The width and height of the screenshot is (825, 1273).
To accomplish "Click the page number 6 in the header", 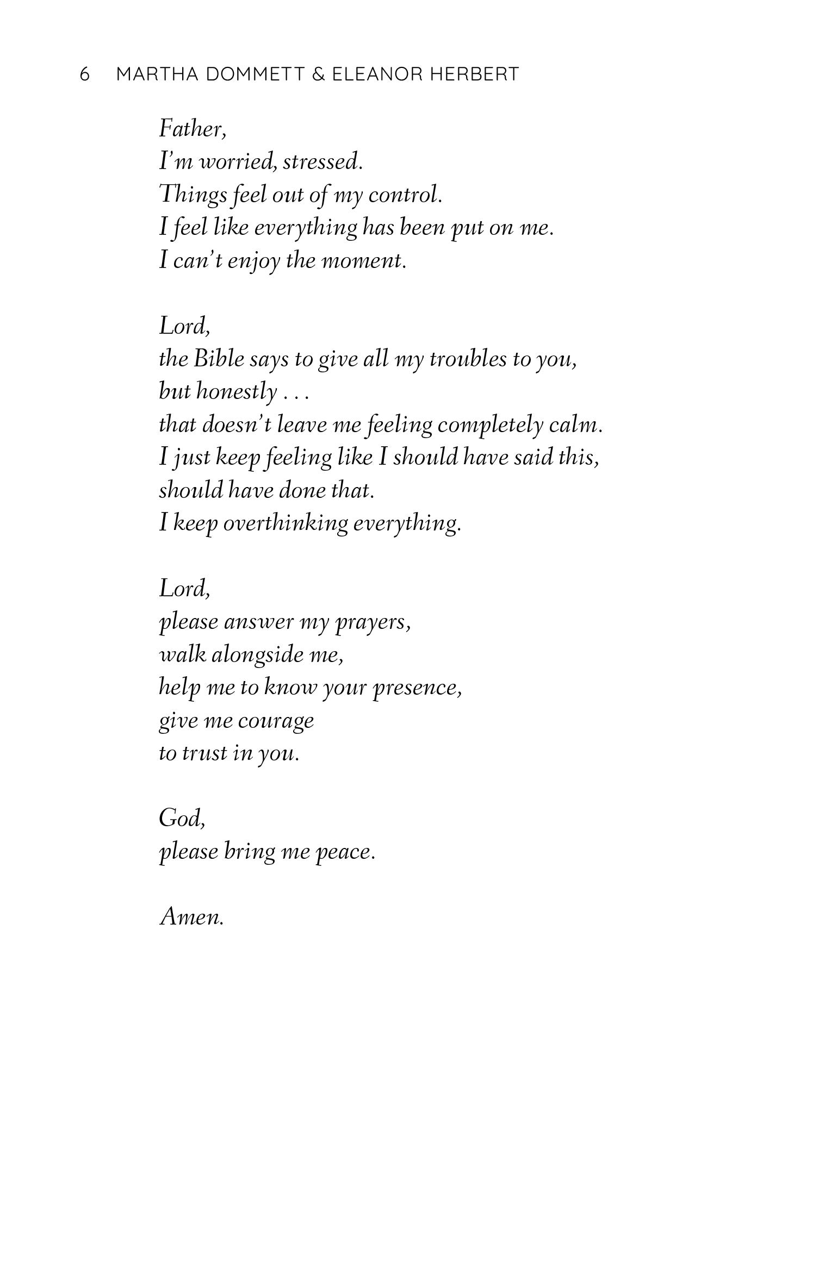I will tap(84, 74).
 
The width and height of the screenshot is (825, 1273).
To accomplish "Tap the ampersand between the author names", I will tap(319, 74).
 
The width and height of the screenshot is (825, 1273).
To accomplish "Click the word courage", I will tap(276, 721).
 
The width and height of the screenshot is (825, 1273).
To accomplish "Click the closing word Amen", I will tap(192, 917).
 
